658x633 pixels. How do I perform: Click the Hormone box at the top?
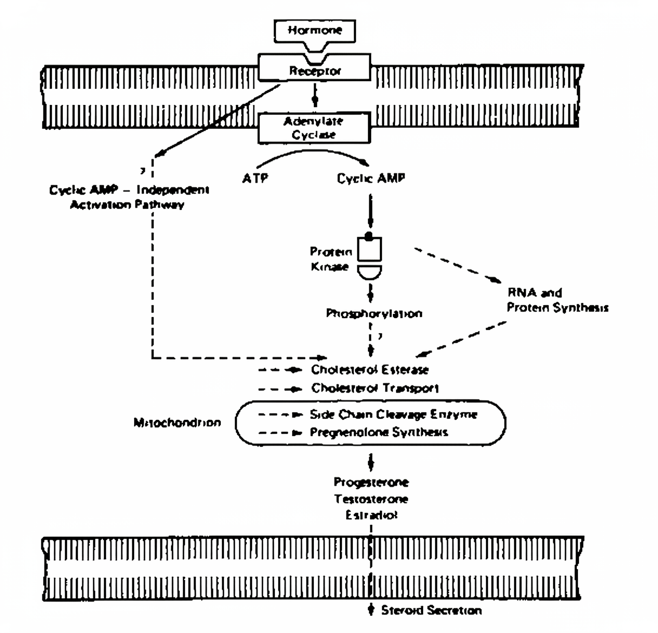click(x=314, y=30)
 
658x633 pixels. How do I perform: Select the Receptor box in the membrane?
click(x=314, y=69)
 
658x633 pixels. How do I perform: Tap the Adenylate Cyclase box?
click(x=314, y=128)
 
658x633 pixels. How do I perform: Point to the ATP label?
click(x=255, y=178)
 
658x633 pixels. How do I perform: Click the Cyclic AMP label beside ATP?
click(x=371, y=178)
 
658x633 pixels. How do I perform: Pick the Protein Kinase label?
click(x=331, y=259)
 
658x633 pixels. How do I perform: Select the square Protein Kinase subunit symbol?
click(x=370, y=249)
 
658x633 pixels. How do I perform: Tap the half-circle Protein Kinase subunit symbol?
click(x=370, y=271)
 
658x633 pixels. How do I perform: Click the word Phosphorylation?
click(x=374, y=313)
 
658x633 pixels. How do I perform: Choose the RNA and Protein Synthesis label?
click(x=557, y=300)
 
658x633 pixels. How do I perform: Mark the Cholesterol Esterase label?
click(x=370, y=370)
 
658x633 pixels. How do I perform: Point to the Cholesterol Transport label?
click(x=374, y=388)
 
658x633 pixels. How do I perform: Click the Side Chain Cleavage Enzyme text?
click(x=393, y=414)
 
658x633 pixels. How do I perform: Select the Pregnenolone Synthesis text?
click(x=379, y=432)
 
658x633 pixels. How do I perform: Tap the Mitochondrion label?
click(x=177, y=423)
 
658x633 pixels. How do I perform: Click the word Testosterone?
click(x=371, y=498)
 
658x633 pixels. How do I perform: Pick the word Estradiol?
click(x=371, y=515)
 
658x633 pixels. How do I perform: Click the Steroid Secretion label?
click(x=431, y=610)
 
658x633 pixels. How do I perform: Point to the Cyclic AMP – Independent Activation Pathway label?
click(x=129, y=197)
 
